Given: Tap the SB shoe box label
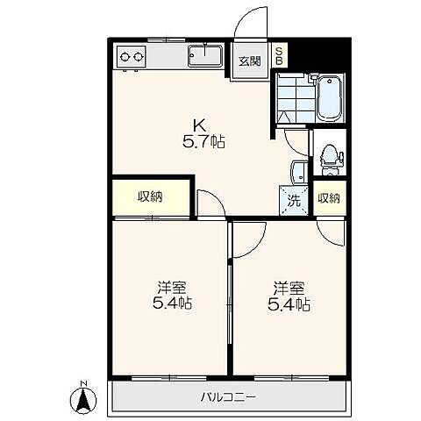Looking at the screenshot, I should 280,55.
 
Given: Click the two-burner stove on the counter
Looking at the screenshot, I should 132,58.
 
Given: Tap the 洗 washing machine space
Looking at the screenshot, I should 296,200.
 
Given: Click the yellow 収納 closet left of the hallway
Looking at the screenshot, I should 150,196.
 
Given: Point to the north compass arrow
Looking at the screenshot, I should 83,398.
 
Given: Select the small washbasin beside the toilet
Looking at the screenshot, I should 299,169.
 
